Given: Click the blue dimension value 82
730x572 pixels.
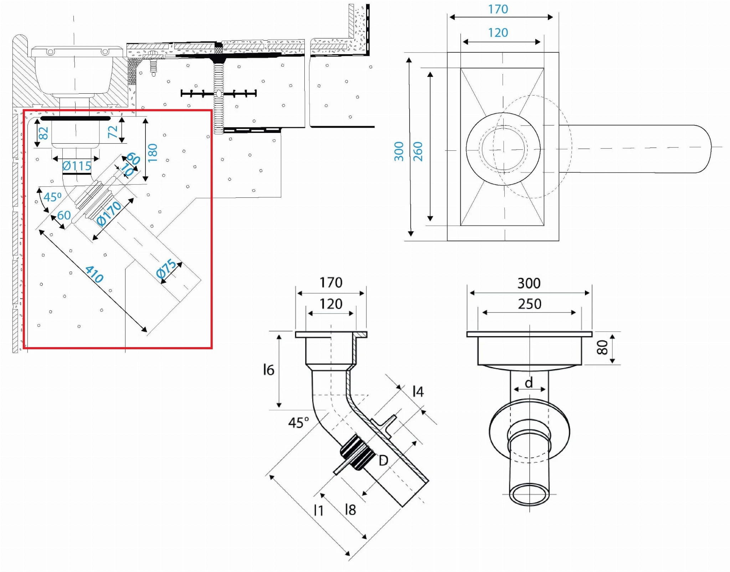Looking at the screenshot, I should tap(43, 133).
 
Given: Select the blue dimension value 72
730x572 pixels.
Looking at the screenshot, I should tap(113, 132).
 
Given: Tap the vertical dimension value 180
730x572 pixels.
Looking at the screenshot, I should tap(153, 153).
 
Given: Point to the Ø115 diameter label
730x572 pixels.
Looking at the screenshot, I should tap(77, 166).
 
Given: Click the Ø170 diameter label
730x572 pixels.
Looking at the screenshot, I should tap(109, 214).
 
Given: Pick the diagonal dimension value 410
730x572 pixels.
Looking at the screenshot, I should tap(94, 274).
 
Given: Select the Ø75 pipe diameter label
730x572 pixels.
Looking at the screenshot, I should tap(166, 269).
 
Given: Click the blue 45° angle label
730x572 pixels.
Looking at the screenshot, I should tap(52, 197).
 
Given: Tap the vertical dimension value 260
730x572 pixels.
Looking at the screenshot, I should tap(418, 151).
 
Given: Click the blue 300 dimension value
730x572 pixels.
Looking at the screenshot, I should tap(399, 151).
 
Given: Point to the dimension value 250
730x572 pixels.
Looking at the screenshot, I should tap(529, 304).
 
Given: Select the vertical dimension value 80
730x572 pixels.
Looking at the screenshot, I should tap(602, 347).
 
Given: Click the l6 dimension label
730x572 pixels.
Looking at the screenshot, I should tap(268, 370).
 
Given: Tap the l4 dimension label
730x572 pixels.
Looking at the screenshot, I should tap(418, 392).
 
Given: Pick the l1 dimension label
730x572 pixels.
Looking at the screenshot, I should tap(318, 510).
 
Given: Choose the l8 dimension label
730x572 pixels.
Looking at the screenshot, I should tap(350, 510).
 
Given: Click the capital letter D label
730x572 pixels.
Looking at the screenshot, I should tap(383, 461).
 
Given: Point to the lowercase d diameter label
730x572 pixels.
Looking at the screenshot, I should tap(529, 383).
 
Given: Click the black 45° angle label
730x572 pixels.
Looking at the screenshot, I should tap(298, 423).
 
